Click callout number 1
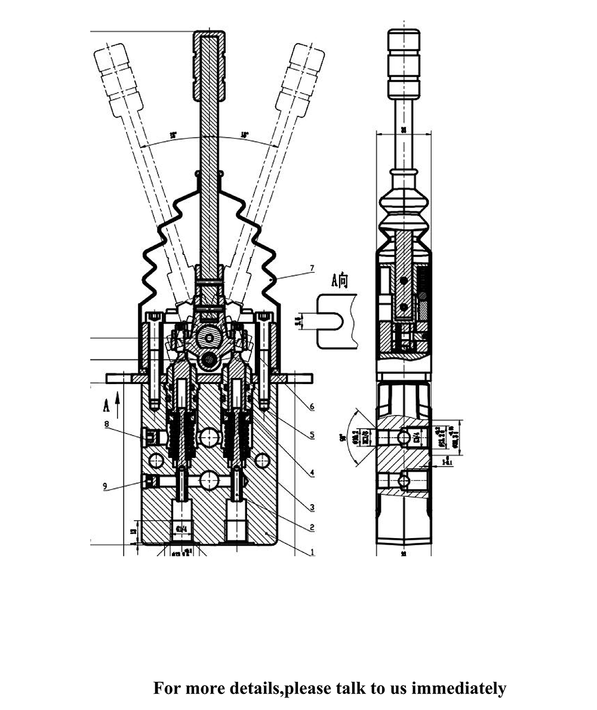(312, 552)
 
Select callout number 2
(312, 527)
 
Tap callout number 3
(312, 508)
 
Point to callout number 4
(312, 473)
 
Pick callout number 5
(312, 435)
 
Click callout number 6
(312, 407)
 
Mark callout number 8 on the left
(107, 425)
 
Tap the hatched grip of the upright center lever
(209, 66)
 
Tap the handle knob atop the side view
(405, 63)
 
